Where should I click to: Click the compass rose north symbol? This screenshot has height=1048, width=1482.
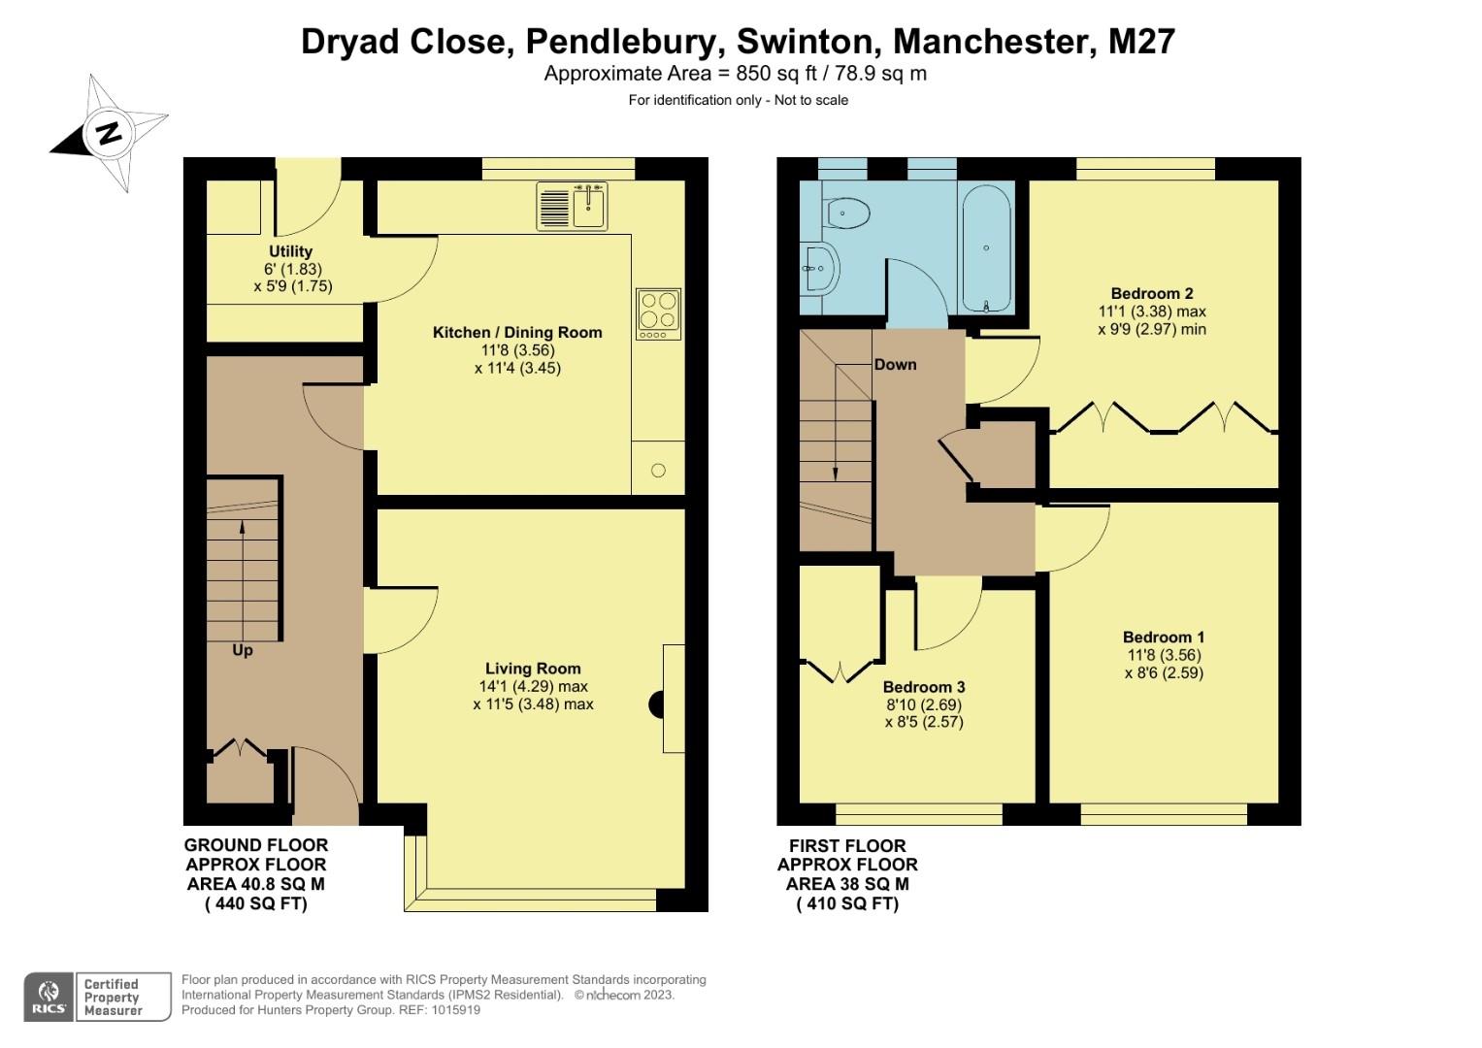click(110, 133)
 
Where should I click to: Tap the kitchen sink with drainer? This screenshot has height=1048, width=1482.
click(572, 206)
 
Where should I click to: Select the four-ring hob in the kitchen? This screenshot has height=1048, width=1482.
click(659, 312)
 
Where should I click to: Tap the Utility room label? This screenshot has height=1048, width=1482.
click(291, 251)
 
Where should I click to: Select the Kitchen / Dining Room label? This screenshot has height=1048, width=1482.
click(517, 333)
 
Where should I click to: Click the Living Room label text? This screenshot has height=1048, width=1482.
click(533, 669)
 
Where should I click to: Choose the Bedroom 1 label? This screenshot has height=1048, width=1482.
click(1164, 638)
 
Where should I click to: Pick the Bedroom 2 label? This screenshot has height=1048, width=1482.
click(1152, 294)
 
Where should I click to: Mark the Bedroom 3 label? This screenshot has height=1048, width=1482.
click(924, 687)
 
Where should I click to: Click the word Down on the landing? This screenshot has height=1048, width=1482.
click(895, 365)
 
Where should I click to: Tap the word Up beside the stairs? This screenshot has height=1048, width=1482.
click(243, 650)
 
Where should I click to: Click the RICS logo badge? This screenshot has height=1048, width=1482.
click(48, 997)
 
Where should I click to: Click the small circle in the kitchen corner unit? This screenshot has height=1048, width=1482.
click(658, 471)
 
